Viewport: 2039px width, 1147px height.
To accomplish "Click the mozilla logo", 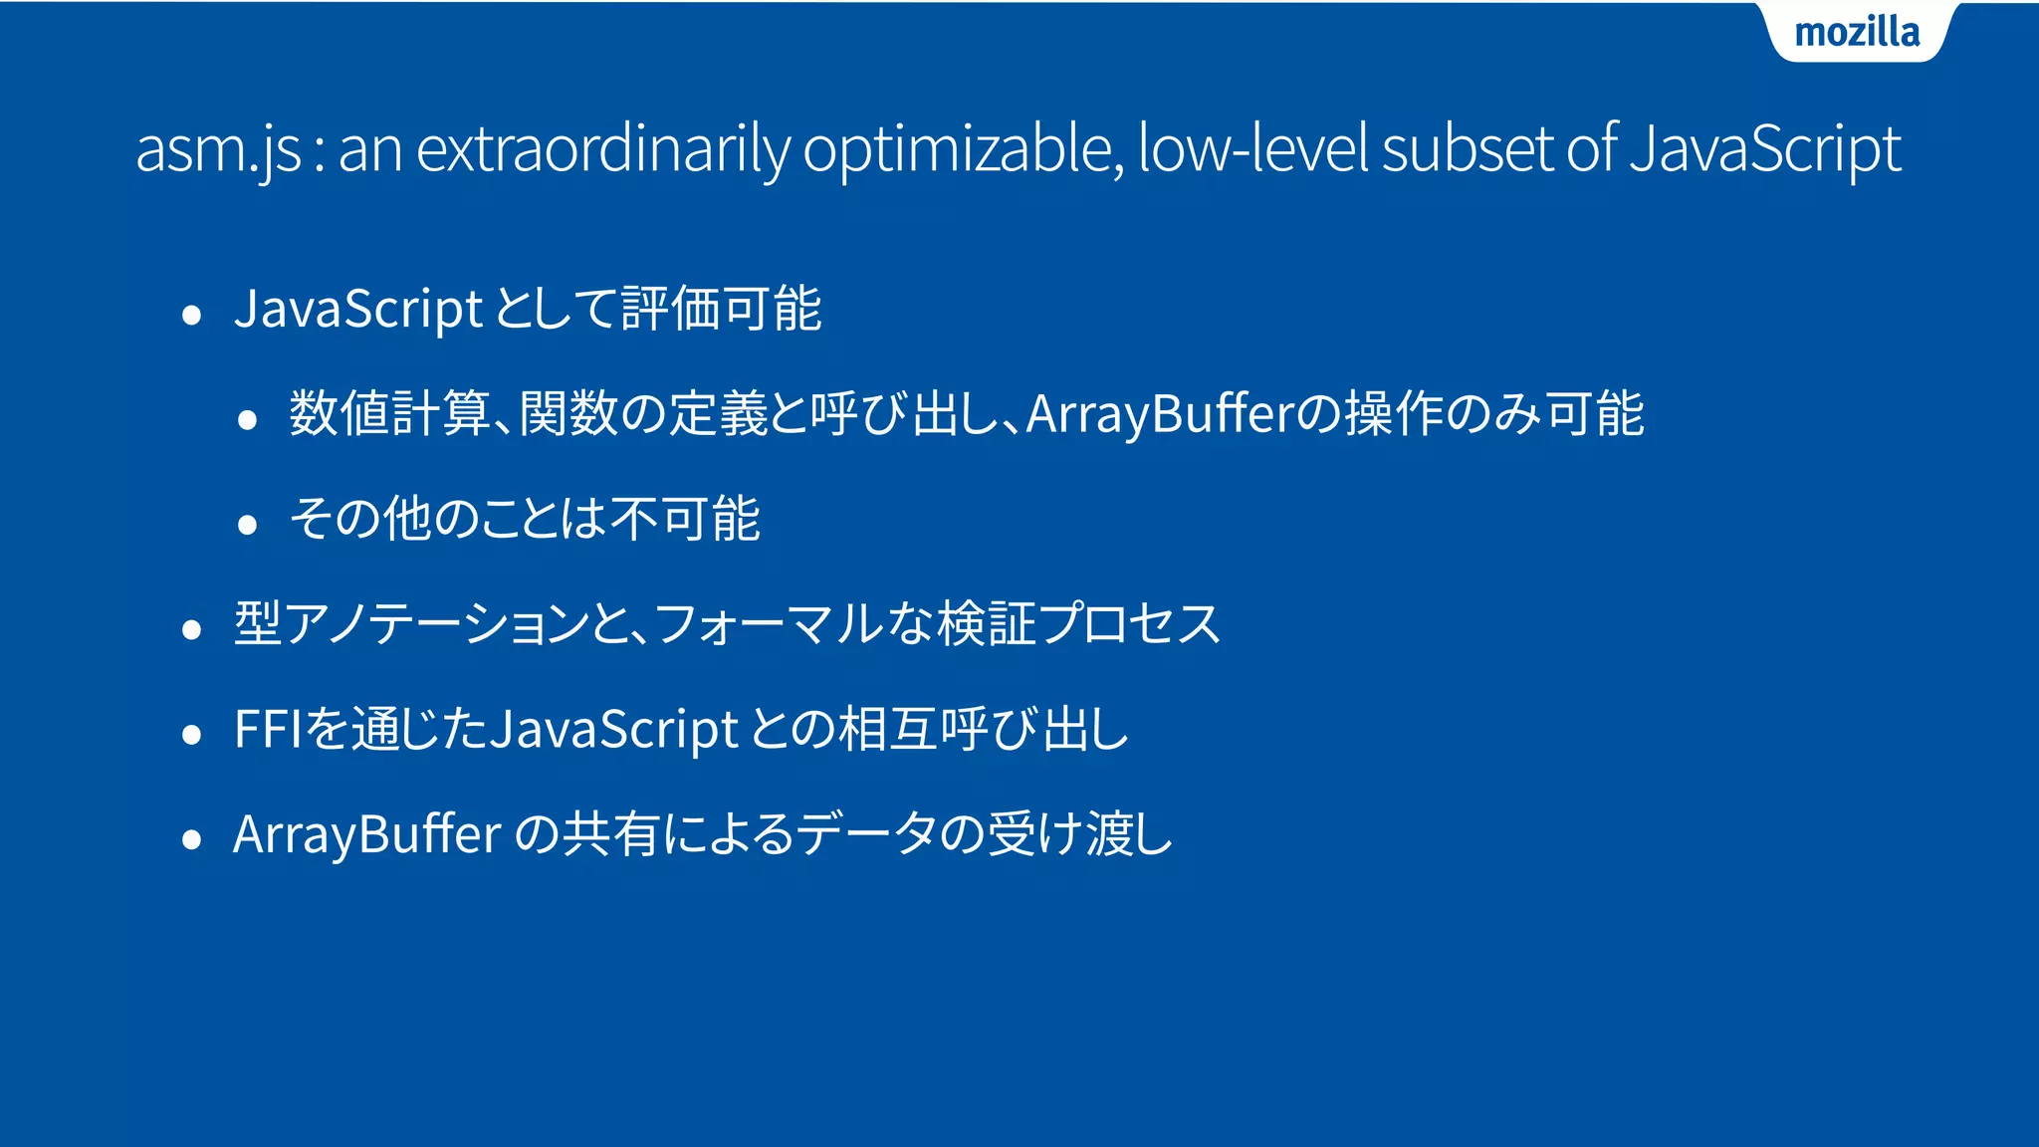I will pos(1857,33).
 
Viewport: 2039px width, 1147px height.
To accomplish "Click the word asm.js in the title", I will pos(218,149).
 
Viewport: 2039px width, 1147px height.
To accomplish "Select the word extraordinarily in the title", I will pos(602,149).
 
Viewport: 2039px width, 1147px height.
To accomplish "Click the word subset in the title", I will pos(1468,149).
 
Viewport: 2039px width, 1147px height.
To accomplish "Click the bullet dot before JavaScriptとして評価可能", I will pos(192,317).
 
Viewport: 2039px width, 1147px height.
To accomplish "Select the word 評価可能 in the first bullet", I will pos(722,309).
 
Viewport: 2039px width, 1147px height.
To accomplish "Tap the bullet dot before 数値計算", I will pos(248,420).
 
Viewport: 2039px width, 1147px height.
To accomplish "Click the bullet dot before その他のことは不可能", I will pos(248,525).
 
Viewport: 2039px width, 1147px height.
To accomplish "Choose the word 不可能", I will pos(686,519).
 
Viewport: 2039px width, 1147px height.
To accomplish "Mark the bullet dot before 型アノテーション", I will pos(192,630).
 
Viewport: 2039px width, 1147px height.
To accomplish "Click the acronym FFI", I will pos(268,729).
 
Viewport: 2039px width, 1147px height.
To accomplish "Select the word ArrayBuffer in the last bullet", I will pos(367,834).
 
